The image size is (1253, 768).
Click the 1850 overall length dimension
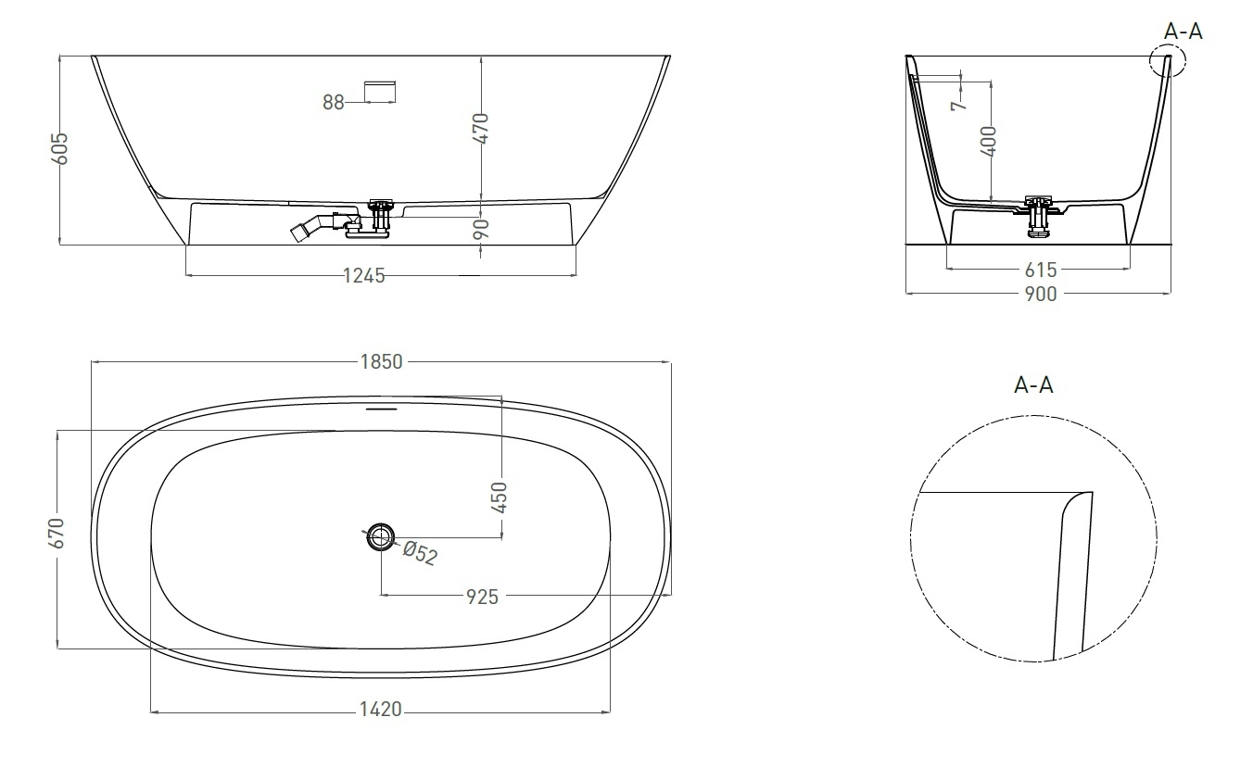(381, 362)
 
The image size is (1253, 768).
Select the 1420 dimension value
(380, 710)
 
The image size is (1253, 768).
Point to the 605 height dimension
(59, 148)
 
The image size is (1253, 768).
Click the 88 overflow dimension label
(334, 103)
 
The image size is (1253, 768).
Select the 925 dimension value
(482, 597)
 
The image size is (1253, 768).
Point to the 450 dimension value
(500, 497)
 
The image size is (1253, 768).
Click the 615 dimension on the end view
(1040, 271)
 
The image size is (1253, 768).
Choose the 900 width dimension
(1040, 295)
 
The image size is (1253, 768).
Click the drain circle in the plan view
(381, 535)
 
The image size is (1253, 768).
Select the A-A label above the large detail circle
(1033, 385)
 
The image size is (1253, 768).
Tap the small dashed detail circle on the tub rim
(1164, 62)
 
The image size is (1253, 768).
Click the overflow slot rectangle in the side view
(381, 90)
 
